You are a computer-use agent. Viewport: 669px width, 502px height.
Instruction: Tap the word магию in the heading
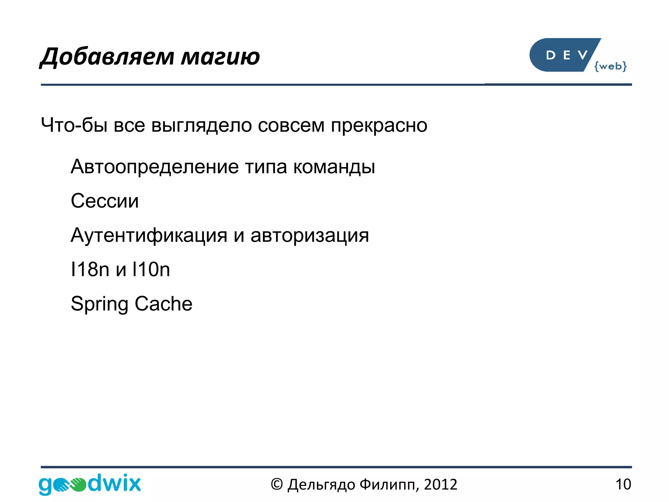tap(220, 57)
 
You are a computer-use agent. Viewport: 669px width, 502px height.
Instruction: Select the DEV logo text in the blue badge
tap(567, 55)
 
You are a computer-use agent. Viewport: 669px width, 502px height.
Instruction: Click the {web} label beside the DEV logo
tap(610, 66)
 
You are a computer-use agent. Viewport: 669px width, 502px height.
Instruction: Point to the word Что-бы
tap(74, 125)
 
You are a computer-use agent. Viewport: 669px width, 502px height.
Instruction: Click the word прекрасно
tap(379, 126)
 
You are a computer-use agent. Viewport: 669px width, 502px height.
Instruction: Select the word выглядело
tap(202, 126)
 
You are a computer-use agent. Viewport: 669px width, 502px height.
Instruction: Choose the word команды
tap(334, 167)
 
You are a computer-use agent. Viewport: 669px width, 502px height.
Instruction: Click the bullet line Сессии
tap(105, 201)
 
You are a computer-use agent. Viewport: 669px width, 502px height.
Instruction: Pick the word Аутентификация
tap(149, 235)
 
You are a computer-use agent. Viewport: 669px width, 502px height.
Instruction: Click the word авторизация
tap(309, 235)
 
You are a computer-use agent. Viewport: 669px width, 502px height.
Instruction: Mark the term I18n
tap(90, 269)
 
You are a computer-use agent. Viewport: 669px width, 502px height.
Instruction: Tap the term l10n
tap(151, 269)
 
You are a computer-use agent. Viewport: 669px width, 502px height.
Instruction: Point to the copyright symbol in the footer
tap(277, 484)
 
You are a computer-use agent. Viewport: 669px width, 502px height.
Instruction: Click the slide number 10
tap(623, 484)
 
